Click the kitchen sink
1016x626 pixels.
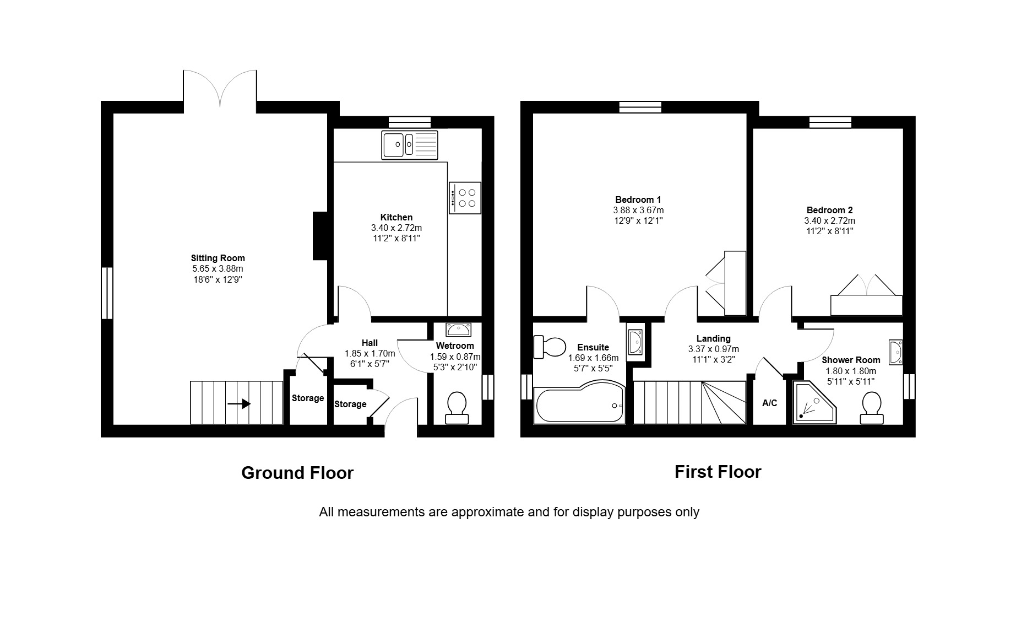410,145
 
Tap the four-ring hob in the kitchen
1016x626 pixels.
465,198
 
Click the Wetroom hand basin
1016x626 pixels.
458,330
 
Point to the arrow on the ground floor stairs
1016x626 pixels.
239,404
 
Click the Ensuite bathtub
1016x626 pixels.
579,402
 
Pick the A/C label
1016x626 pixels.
769,403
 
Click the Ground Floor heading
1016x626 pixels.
297,473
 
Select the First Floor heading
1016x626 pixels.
718,472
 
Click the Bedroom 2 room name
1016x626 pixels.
829,210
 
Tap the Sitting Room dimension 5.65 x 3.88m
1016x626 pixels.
218,269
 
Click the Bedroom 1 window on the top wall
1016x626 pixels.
640,107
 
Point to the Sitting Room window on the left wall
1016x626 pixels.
107,293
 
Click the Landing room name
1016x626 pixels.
713,338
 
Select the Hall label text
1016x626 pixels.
370,343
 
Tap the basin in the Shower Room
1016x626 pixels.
896,352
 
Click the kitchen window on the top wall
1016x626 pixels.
410,122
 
